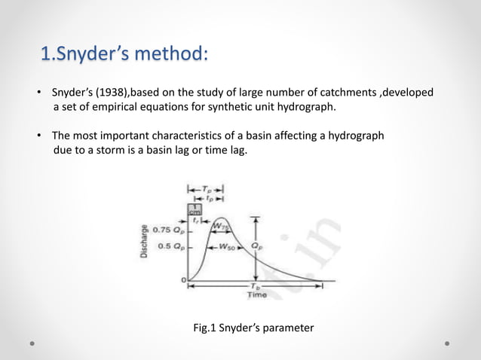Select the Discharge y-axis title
click(x=143, y=240)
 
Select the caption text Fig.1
click(x=207, y=328)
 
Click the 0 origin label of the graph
click(x=183, y=280)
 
